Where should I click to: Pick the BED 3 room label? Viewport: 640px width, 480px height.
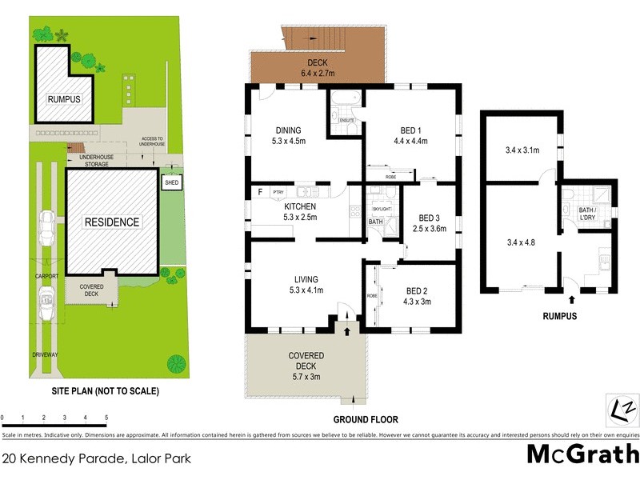pyautogui.click(x=430, y=222)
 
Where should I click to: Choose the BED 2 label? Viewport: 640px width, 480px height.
pyautogui.click(x=418, y=295)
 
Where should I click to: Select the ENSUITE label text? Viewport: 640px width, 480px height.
pyautogui.click(x=346, y=121)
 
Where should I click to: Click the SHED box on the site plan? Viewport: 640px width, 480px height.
pyautogui.click(x=171, y=182)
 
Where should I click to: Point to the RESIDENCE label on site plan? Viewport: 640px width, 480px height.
pyautogui.click(x=111, y=222)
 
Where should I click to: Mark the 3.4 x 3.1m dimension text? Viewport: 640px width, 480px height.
pyautogui.click(x=522, y=150)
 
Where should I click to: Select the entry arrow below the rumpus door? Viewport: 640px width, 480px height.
pyautogui.click(x=571, y=300)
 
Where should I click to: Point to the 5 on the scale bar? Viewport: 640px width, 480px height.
pyautogui.click(x=106, y=418)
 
